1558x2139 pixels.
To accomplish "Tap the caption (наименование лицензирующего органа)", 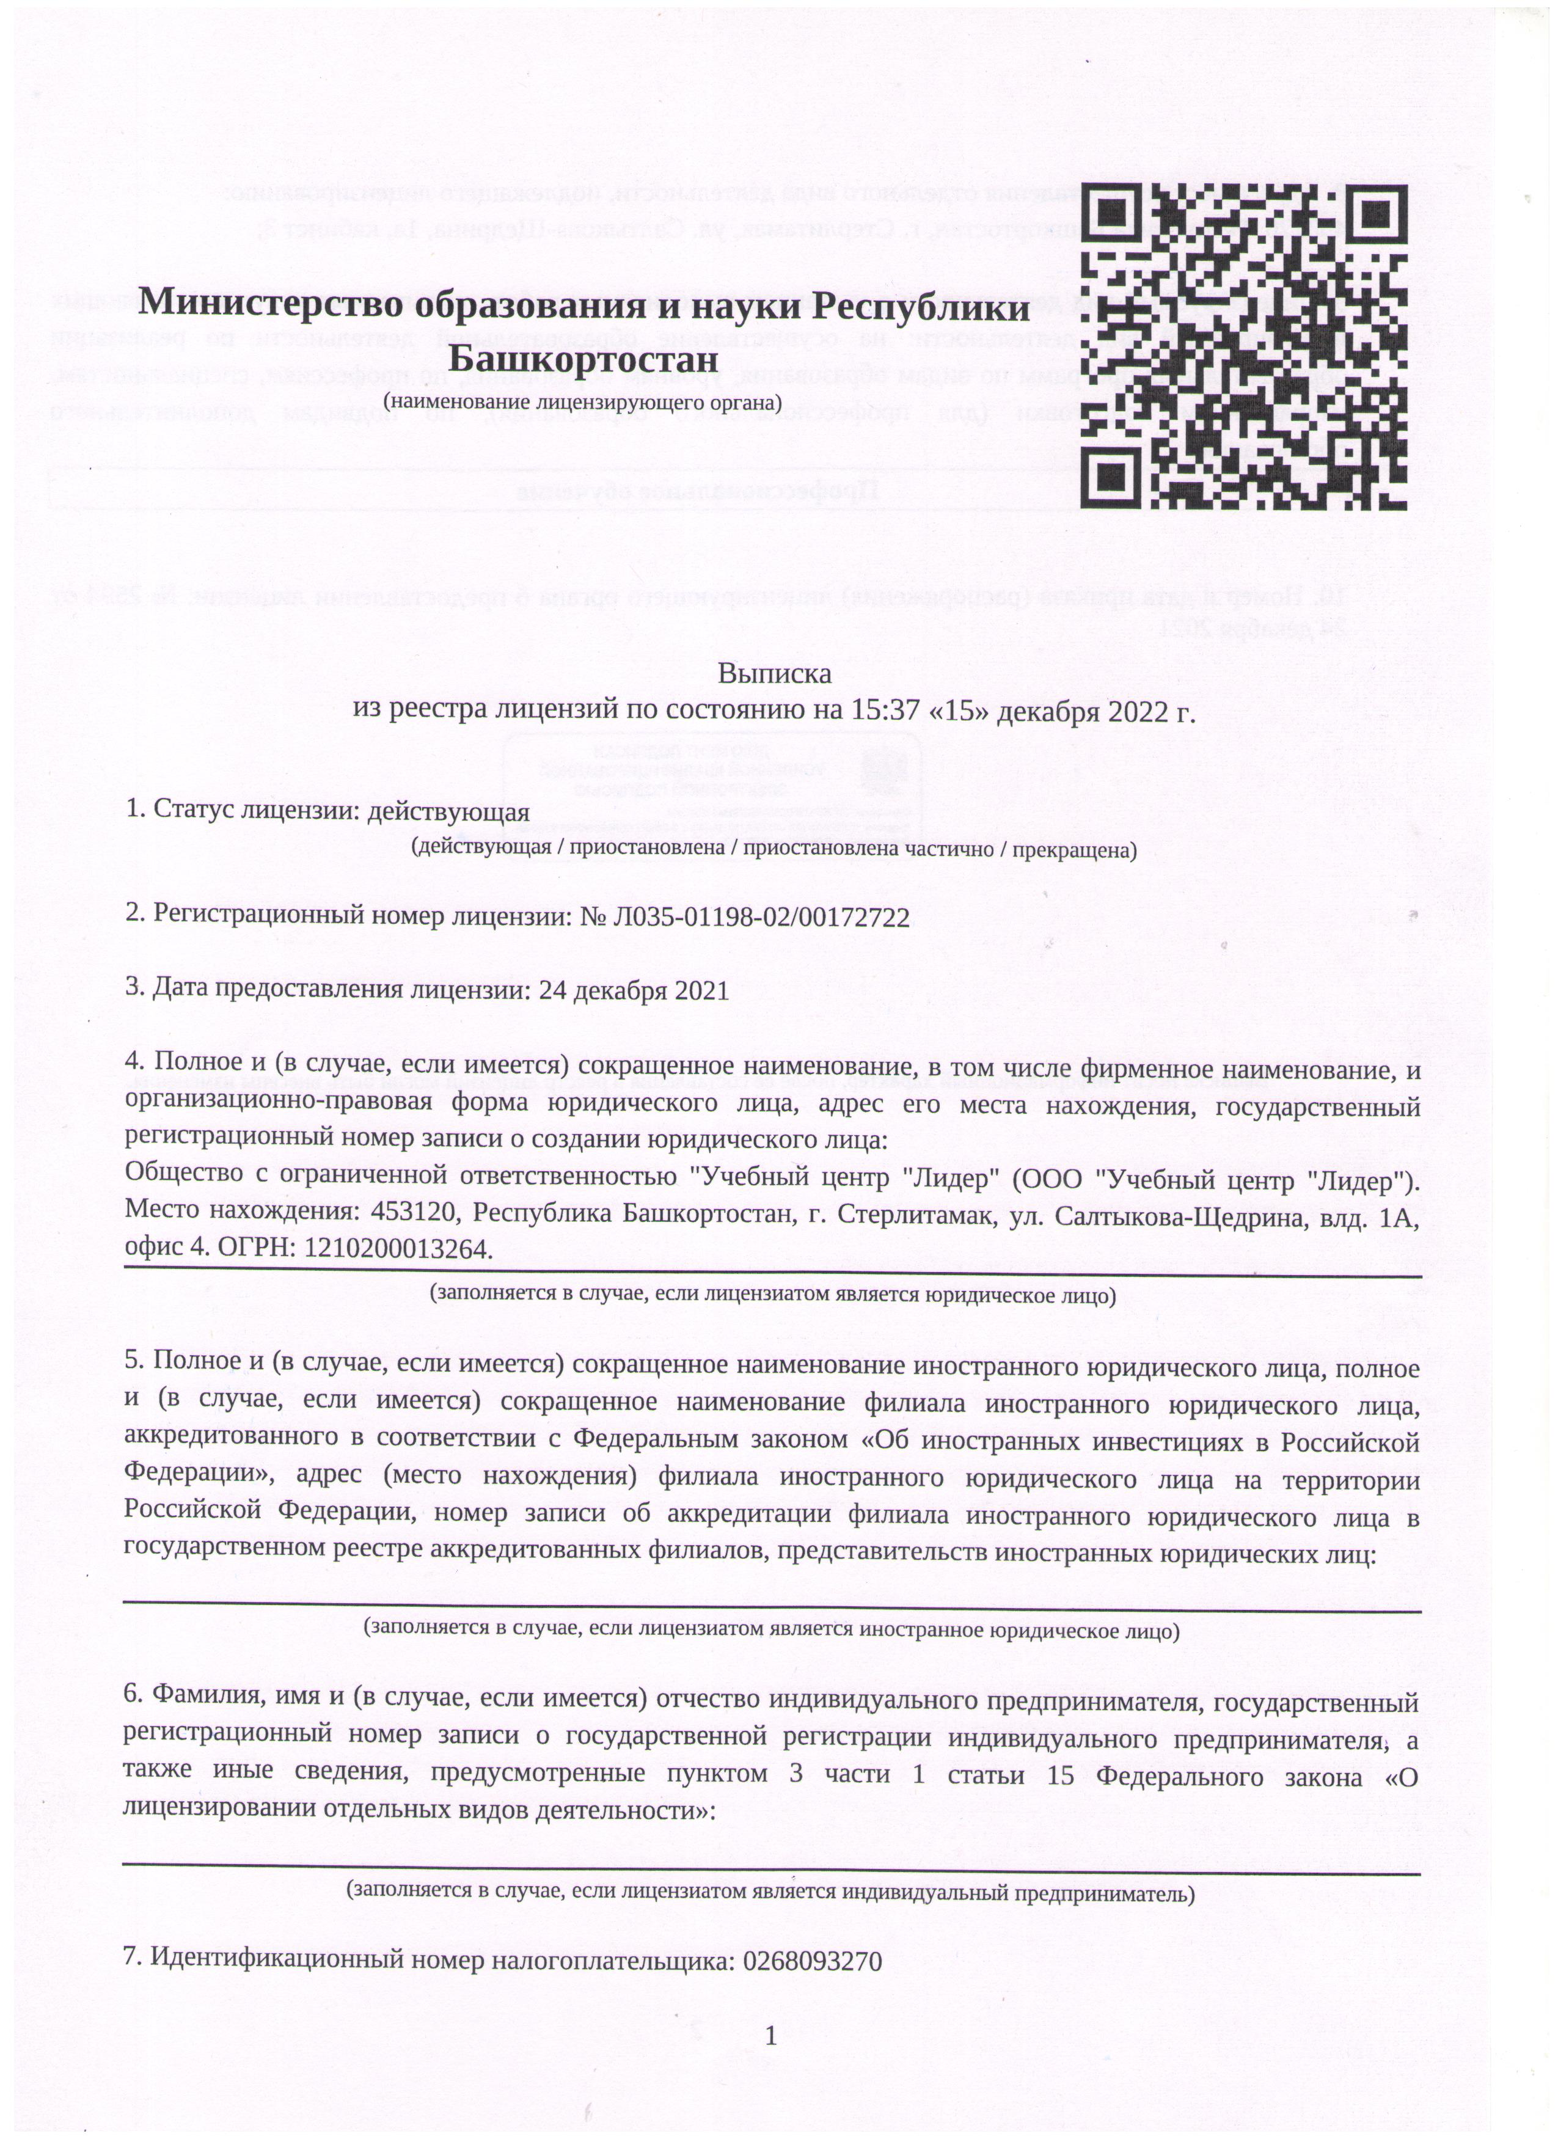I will click(583, 402).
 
